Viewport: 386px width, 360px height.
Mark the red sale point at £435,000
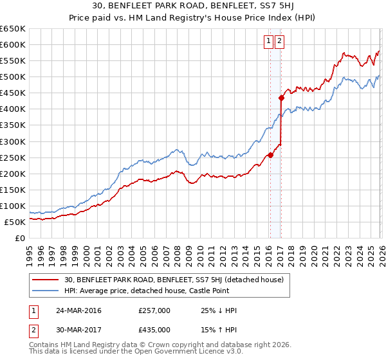(282, 98)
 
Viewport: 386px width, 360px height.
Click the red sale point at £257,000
(270, 155)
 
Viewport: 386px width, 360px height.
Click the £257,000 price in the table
(154, 310)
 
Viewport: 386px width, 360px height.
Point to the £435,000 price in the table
(154, 329)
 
